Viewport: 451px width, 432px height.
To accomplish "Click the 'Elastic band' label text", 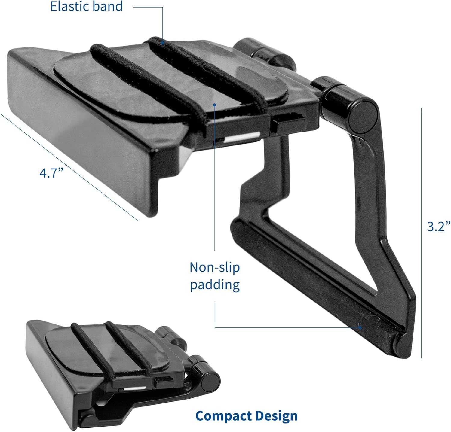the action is [87, 6].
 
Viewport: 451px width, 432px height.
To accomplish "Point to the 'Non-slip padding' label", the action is [215, 276].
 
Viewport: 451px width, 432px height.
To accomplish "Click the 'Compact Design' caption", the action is [247, 416].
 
